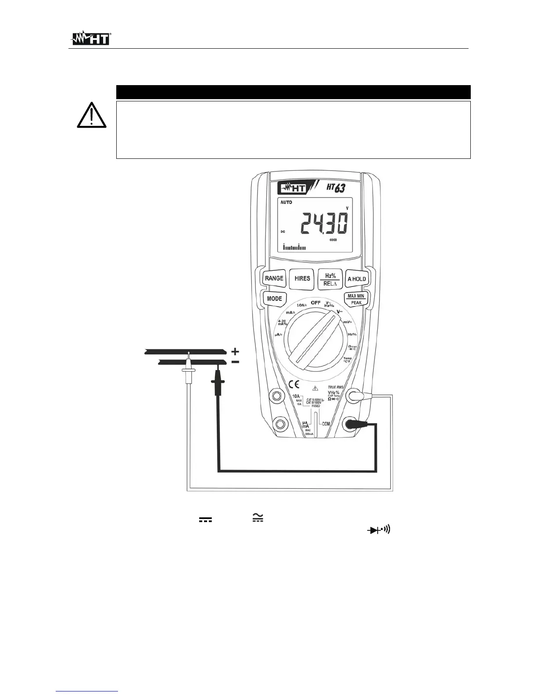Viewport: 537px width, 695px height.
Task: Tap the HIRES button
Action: [x=302, y=279]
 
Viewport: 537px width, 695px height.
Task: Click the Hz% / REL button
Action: [x=330, y=279]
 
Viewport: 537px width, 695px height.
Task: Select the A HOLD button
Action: [x=356, y=279]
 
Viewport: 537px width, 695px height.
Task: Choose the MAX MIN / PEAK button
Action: [x=356, y=299]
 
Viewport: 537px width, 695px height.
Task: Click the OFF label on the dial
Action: [x=316, y=303]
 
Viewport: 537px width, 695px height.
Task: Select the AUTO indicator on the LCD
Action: [x=286, y=203]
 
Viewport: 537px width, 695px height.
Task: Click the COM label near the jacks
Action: [x=326, y=424]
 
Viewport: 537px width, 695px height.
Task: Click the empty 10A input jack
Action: [x=277, y=396]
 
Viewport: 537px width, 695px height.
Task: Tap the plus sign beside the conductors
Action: [x=236, y=351]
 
